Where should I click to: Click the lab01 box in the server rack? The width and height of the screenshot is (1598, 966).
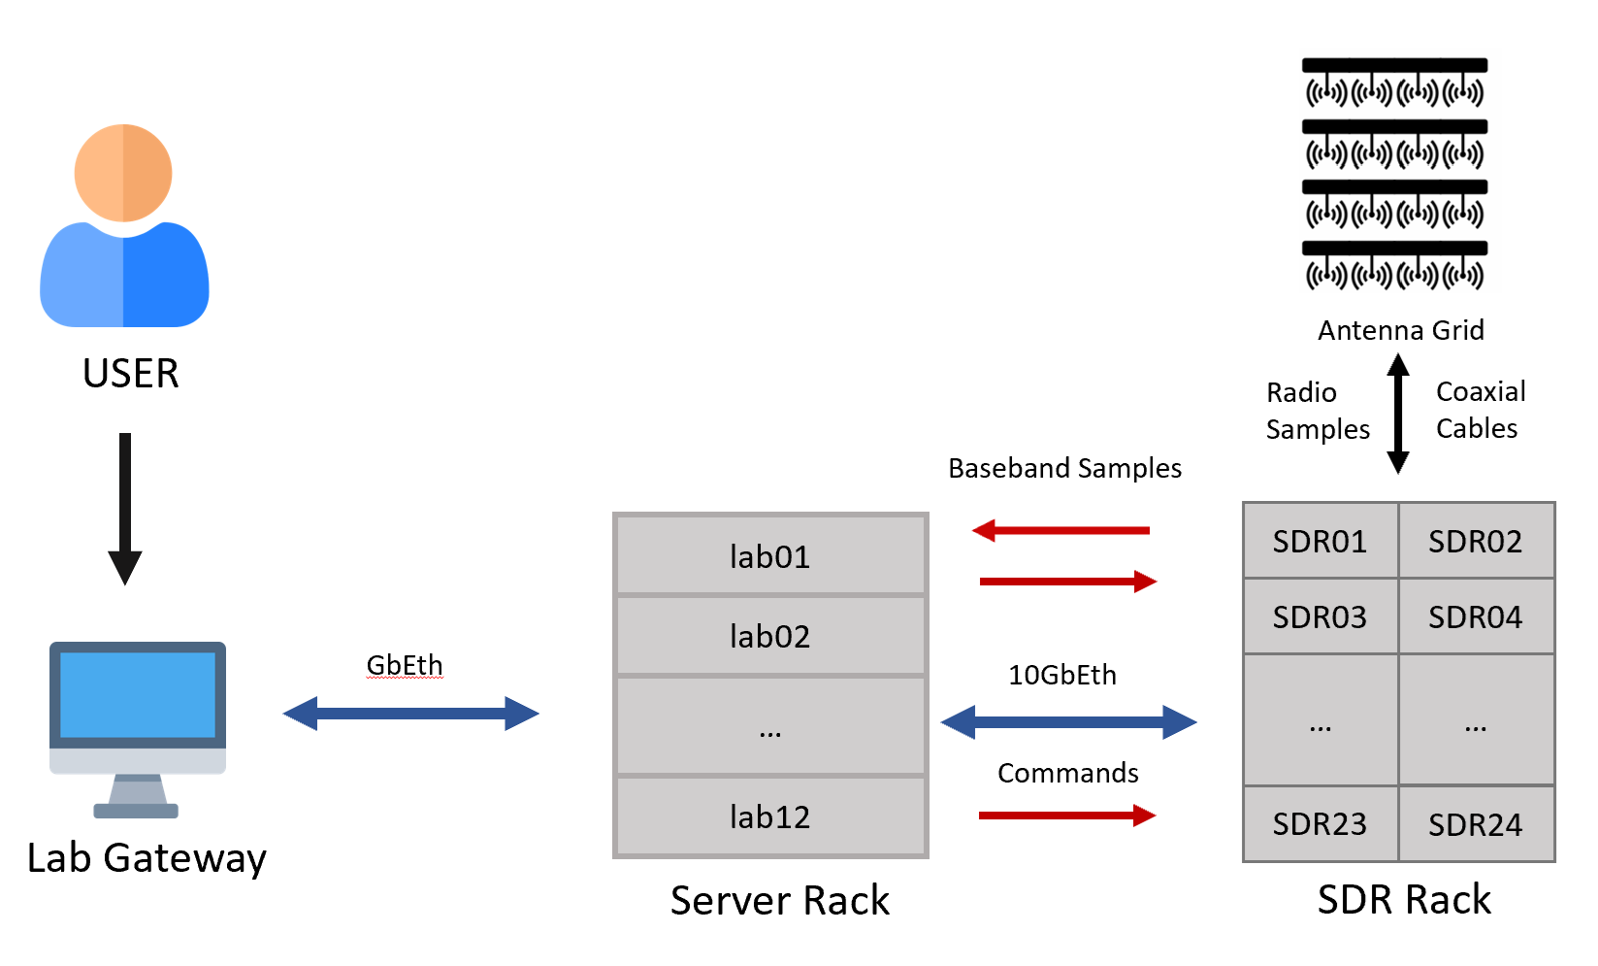(x=770, y=556)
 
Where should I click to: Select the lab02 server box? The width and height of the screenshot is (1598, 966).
(x=770, y=636)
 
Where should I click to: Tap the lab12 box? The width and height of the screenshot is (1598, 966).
(x=770, y=816)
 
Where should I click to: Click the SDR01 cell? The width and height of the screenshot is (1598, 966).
(x=1320, y=541)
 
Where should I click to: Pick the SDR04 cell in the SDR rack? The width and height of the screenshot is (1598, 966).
(x=1475, y=616)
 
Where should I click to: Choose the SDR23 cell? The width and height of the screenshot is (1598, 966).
(x=1320, y=824)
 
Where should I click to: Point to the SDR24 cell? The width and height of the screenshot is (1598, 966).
(x=1475, y=824)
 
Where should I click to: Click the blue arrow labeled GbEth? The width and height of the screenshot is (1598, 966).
(x=410, y=714)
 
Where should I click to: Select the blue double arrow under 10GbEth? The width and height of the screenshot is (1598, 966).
(x=1068, y=722)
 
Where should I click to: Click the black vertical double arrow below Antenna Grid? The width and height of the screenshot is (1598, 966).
(x=1398, y=414)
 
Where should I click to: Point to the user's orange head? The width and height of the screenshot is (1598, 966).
(x=123, y=173)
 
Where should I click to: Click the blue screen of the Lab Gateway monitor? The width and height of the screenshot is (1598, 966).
(x=138, y=695)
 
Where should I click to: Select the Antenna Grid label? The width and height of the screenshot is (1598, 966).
(x=1400, y=330)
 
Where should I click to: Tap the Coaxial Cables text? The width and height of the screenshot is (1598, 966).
(x=1480, y=410)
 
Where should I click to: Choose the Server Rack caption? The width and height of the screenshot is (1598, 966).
(x=779, y=900)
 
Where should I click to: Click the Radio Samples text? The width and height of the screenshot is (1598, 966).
(x=1317, y=411)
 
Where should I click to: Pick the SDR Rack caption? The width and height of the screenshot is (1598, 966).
(x=1403, y=900)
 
